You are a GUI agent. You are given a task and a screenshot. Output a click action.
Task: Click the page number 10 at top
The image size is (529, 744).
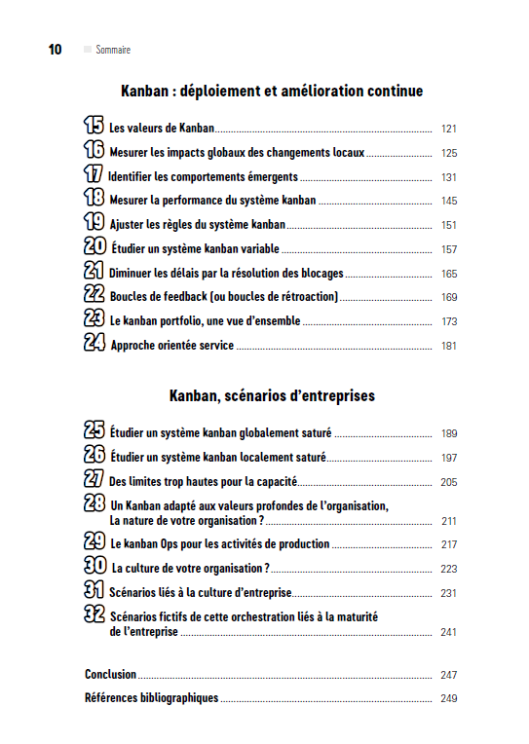(55, 50)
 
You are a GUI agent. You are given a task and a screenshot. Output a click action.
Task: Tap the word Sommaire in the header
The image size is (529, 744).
(113, 50)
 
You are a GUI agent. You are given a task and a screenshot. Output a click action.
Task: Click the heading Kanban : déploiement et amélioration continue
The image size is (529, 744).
(272, 92)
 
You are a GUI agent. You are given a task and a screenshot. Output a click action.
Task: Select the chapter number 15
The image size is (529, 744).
(94, 126)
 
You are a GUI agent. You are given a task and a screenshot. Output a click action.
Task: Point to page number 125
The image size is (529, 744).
(448, 153)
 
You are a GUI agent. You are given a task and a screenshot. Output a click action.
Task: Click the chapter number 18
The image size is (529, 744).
(94, 198)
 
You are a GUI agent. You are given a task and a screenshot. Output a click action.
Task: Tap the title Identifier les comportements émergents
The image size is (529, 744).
(203, 177)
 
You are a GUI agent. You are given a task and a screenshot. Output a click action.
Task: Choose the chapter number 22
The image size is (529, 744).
(94, 293)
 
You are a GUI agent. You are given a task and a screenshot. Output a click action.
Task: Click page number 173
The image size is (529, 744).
(448, 321)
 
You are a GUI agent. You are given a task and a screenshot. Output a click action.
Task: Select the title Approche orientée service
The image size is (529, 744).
(172, 346)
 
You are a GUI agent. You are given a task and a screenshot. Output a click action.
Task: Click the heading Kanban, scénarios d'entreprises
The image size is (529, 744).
(272, 396)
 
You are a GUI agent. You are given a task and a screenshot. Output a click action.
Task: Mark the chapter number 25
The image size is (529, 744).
(94, 430)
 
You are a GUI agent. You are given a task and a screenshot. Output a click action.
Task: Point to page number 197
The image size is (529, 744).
(448, 458)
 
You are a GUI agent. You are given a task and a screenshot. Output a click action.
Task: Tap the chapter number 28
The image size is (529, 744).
(94, 502)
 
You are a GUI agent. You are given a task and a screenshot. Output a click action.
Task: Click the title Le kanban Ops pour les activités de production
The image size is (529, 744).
(219, 544)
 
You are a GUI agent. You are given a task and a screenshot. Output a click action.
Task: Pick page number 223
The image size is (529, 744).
(448, 569)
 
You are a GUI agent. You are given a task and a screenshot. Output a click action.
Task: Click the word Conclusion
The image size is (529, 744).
(110, 674)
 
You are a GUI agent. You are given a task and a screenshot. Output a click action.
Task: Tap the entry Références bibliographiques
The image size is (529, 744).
(151, 697)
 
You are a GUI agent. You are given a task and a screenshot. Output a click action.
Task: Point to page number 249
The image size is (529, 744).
(448, 698)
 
